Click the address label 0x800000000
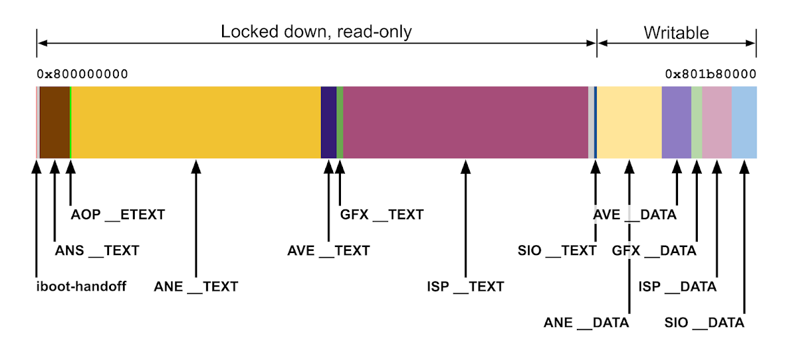(x=82, y=73)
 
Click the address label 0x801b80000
(x=710, y=73)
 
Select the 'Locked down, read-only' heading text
(x=316, y=32)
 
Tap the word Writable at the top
(x=676, y=32)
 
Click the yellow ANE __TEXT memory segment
(x=195, y=122)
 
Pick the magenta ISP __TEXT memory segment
(x=465, y=122)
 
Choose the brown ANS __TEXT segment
(x=55, y=122)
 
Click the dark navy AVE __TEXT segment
(x=328, y=122)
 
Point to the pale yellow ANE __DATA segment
(x=629, y=122)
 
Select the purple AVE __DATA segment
(x=676, y=122)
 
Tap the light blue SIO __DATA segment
(x=744, y=122)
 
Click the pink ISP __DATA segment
(x=717, y=122)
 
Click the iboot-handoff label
(x=80, y=287)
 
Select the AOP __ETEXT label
(x=118, y=215)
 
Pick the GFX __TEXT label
(x=381, y=215)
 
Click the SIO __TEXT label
(x=557, y=251)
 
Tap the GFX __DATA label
(x=654, y=251)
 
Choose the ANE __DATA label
(x=586, y=323)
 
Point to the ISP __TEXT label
(x=465, y=287)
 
